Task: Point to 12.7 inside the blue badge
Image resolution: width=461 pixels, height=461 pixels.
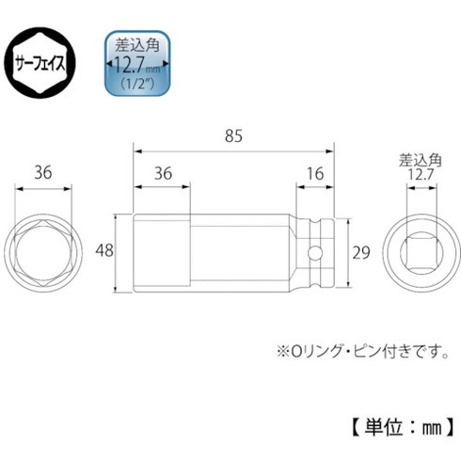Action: [x=135, y=63]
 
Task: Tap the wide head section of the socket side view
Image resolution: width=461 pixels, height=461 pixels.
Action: [x=162, y=251]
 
